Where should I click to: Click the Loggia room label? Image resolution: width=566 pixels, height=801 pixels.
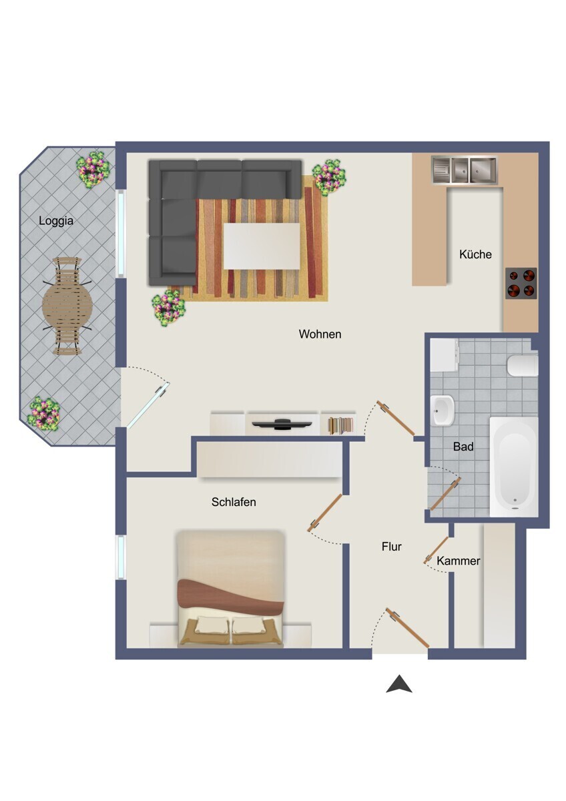point(56,221)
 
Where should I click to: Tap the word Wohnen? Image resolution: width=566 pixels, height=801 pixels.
point(320,334)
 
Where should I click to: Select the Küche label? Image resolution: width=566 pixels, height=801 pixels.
point(475,254)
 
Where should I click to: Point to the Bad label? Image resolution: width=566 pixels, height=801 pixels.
point(463,447)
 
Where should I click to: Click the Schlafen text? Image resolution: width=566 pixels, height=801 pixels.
point(234,502)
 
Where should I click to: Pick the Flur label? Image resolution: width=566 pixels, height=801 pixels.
point(392,547)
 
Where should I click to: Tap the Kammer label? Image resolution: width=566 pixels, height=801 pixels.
point(458,560)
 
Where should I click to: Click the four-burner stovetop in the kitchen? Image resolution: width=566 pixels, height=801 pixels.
point(521,283)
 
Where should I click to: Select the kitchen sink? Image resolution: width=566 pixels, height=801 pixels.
point(464,170)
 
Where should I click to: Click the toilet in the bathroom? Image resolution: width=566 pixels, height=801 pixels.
point(523,366)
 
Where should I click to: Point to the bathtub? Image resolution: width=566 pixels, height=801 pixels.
point(514,467)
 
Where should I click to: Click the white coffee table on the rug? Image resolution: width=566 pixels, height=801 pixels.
point(262,246)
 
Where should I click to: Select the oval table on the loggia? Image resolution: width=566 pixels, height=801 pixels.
point(67,306)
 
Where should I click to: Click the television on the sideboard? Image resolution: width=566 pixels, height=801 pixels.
point(282,423)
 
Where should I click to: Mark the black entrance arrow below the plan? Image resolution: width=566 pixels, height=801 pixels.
point(399,684)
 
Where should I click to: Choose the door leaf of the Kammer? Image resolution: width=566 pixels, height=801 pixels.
point(437,549)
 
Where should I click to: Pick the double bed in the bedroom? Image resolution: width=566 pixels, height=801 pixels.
point(231,589)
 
